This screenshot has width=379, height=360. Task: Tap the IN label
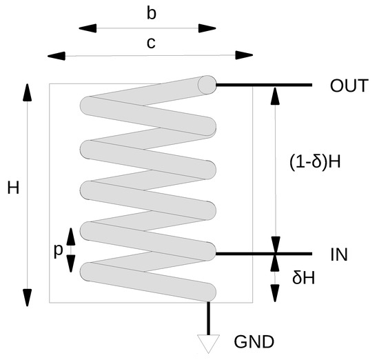click(x=338, y=254)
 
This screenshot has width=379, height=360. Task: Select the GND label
click(x=255, y=341)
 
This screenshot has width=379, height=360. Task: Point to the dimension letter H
click(x=13, y=188)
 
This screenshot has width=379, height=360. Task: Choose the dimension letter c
click(x=151, y=43)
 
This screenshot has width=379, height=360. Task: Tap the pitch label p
click(x=59, y=251)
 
